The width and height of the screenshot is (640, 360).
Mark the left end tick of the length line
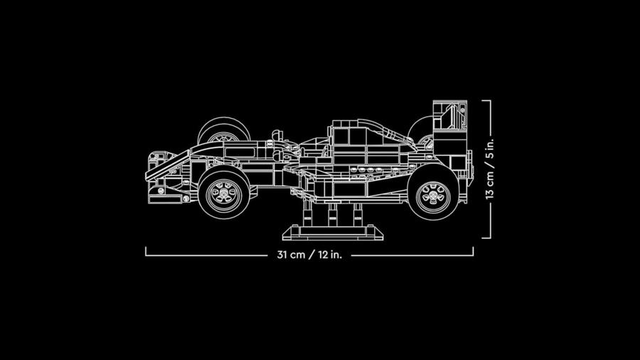(146, 251)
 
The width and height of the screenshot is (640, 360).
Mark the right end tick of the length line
(473, 251)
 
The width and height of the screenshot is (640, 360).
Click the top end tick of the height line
(486, 100)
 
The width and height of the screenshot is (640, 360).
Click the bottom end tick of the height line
(486, 238)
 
